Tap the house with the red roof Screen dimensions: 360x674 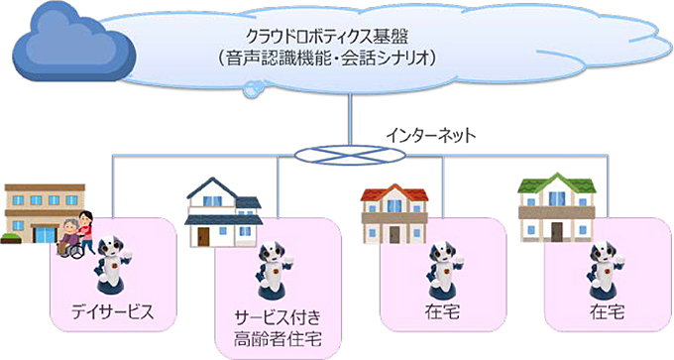393,210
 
